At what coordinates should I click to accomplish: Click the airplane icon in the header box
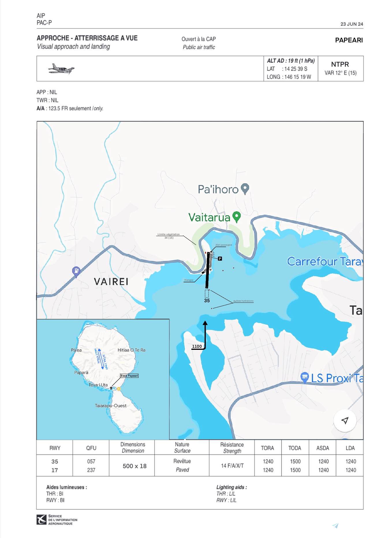pyautogui.click(x=61, y=69)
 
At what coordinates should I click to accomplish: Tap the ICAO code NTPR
pyautogui.click(x=340, y=64)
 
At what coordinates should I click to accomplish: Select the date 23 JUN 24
pyautogui.click(x=352, y=24)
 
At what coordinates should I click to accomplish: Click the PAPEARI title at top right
pyautogui.click(x=349, y=40)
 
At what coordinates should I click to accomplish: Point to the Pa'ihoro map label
pyautogui.click(x=218, y=189)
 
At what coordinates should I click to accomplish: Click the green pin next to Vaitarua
pyautogui.click(x=236, y=217)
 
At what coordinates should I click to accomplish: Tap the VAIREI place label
pyautogui.click(x=111, y=281)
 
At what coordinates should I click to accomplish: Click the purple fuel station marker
pyautogui.click(x=76, y=271)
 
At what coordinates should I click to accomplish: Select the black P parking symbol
pyautogui.click(x=220, y=259)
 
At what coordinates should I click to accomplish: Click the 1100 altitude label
pyautogui.click(x=197, y=346)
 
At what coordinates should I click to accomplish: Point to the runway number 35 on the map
pyautogui.click(x=207, y=301)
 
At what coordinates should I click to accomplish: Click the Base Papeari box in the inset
pyautogui.click(x=129, y=376)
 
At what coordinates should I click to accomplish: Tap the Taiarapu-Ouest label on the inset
pyautogui.click(x=111, y=406)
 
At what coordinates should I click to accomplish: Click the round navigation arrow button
pyautogui.click(x=345, y=420)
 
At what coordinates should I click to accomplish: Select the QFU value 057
pyautogui.click(x=91, y=462)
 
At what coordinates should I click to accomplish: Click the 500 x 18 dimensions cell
pyautogui.click(x=135, y=466)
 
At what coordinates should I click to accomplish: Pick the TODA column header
pyautogui.click(x=295, y=448)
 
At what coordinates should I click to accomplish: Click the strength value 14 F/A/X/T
pyautogui.click(x=232, y=466)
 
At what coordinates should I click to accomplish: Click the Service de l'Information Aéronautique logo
pyautogui.click(x=42, y=520)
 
